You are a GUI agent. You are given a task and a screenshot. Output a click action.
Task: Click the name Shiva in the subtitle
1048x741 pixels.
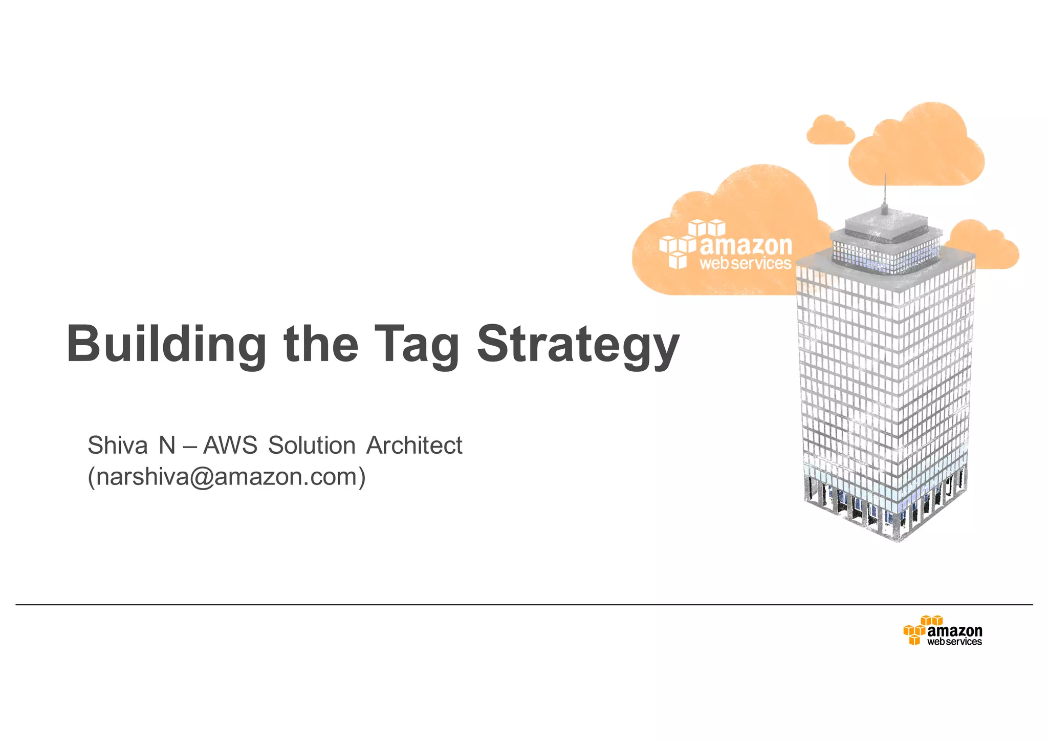point(118,445)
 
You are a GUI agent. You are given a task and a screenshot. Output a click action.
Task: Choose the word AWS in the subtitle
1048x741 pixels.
point(230,445)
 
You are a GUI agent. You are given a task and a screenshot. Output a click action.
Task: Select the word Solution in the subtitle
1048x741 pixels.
point(312,445)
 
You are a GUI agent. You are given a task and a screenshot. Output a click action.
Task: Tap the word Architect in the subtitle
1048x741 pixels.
point(414,445)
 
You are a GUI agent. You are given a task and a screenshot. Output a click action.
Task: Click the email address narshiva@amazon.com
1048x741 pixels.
point(227,477)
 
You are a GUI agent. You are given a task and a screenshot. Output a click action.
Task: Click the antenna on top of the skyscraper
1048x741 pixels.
point(885,195)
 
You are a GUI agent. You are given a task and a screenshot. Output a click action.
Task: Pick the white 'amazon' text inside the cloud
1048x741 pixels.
point(746,246)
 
